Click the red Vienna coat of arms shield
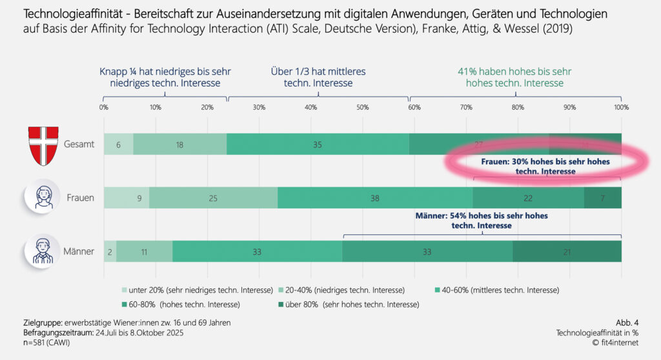tap(43, 144)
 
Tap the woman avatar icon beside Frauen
tap(43, 197)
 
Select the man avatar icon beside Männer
tap(43, 251)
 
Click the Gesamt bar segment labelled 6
tap(118, 145)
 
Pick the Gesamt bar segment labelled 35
tap(318, 145)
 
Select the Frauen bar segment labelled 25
tap(213, 198)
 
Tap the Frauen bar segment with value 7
tap(603, 198)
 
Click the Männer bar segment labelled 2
tap(110, 252)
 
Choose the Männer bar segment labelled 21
tap(567, 252)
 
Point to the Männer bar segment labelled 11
tap(144, 252)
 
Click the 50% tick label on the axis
tap(363, 107)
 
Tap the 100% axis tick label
tap(620, 107)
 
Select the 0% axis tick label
tap(103, 107)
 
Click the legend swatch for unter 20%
tap(124, 290)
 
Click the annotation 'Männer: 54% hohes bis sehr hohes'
tap(482, 216)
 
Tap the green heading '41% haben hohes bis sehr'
tap(510, 72)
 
